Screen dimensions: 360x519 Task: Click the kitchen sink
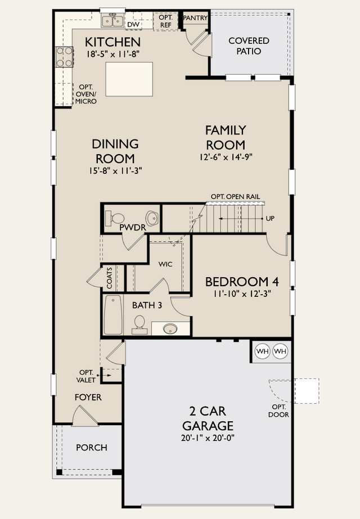pyautogui.click(x=112, y=20)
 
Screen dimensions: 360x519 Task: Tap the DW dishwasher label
pyautogui.click(x=133, y=25)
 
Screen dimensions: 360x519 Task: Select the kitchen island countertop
pyautogui.click(x=129, y=79)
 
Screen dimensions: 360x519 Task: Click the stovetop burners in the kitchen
pyautogui.click(x=65, y=57)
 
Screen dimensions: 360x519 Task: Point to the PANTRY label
pyautogui.click(x=195, y=17)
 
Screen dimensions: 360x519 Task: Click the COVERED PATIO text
pyautogui.click(x=249, y=46)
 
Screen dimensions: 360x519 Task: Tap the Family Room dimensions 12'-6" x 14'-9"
pyautogui.click(x=226, y=157)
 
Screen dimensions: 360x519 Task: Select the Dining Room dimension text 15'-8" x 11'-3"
pyautogui.click(x=115, y=171)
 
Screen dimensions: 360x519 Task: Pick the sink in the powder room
pyautogui.click(x=152, y=218)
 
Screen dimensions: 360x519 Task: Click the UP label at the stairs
pyautogui.click(x=270, y=219)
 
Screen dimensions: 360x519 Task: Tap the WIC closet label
pyautogui.click(x=165, y=264)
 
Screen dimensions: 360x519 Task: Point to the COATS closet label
pyautogui.click(x=110, y=278)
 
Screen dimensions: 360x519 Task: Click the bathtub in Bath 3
pyautogui.click(x=113, y=315)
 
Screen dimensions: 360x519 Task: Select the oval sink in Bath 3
pyautogui.click(x=170, y=329)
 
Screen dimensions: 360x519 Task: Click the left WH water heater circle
pyautogui.click(x=263, y=351)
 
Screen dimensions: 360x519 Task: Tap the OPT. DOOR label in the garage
pyautogui.click(x=278, y=411)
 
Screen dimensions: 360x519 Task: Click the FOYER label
pyautogui.click(x=88, y=397)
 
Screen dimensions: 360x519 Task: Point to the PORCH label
pyautogui.click(x=92, y=448)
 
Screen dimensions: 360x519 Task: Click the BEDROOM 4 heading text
pyautogui.click(x=242, y=282)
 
